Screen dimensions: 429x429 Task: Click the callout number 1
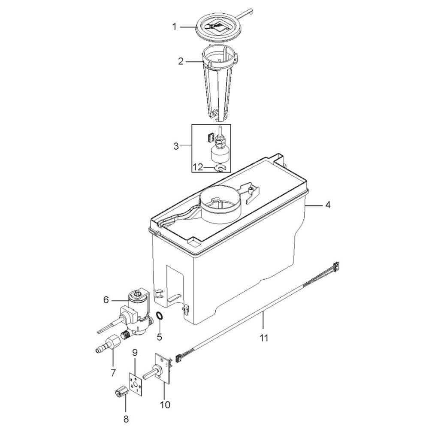pos(175,27)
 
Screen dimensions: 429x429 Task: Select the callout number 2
pos(181,61)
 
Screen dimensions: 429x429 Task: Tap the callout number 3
pos(176,146)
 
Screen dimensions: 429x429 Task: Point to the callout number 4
pos(328,205)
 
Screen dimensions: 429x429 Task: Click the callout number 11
pos(264,338)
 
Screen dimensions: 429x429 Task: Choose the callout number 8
pos(126,418)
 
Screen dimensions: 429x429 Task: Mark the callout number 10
pos(165,405)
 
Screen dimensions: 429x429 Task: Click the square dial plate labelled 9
pos(136,383)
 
